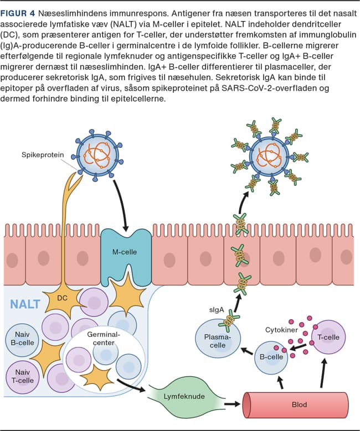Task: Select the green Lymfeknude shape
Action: click(184, 397)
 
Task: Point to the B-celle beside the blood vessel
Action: click(271, 357)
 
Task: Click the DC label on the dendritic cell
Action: click(62, 297)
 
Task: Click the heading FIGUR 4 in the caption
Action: click(19, 11)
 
